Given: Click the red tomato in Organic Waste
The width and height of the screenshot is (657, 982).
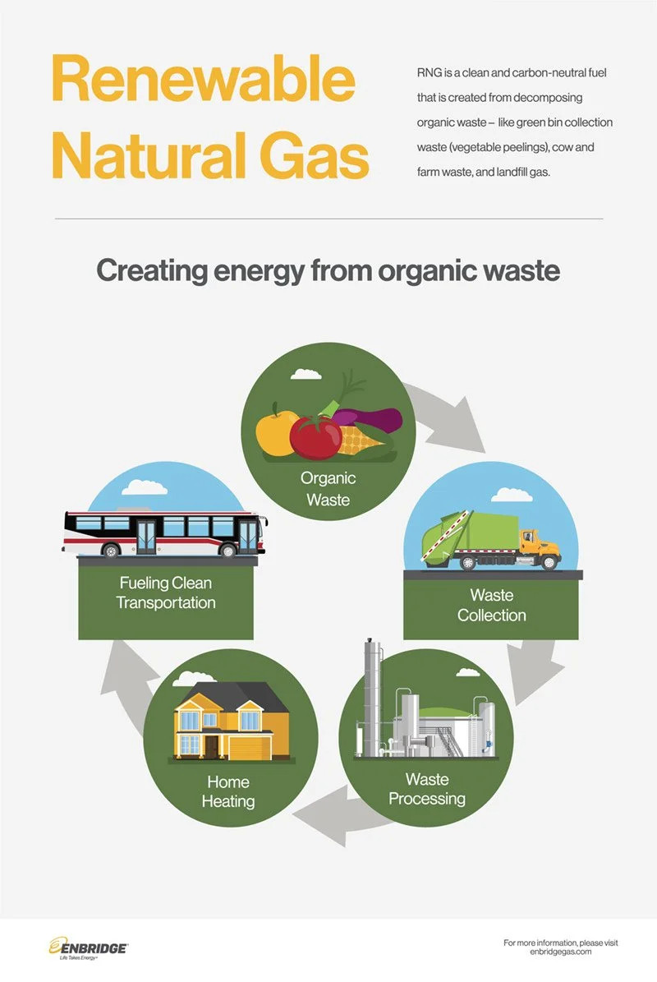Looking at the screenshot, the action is pyautogui.click(x=315, y=436).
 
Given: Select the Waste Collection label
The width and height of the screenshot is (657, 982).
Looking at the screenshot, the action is pyautogui.click(x=491, y=605).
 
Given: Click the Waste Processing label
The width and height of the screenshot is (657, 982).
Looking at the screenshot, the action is pyautogui.click(x=426, y=788).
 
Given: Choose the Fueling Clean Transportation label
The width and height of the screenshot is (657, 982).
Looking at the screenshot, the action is pyautogui.click(x=165, y=592).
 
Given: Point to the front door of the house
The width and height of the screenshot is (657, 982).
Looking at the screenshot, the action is pyautogui.click(x=213, y=745).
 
